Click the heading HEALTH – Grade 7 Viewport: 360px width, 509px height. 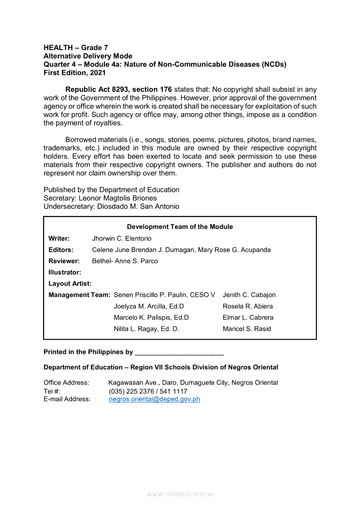(x=76, y=47)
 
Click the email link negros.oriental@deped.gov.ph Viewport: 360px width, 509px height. (x=154, y=399)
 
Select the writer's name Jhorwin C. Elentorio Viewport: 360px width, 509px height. (x=122, y=239)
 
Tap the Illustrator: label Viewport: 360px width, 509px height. (x=65, y=273)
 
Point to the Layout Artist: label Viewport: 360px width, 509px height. (x=70, y=284)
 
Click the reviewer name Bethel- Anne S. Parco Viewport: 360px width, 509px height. (x=125, y=261)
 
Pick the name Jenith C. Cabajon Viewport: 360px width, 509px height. (x=249, y=295)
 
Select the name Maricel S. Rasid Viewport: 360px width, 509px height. (x=247, y=329)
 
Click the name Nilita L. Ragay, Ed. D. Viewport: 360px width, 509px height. (x=146, y=329)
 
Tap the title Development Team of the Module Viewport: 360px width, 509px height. (x=180, y=227)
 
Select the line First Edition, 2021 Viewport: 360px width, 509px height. (x=75, y=73)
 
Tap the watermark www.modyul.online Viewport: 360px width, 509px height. (x=180, y=494)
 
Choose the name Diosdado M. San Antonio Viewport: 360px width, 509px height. (x=138, y=206)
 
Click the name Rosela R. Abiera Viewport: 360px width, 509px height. (x=248, y=307)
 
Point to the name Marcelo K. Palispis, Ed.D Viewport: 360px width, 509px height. (x=151, y=317)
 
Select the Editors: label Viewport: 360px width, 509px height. (x=61, y=250)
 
